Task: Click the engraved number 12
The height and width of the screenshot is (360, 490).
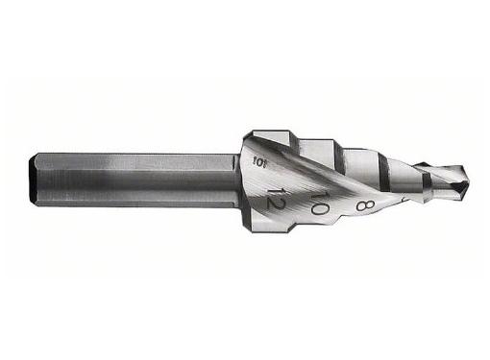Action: [276, 201]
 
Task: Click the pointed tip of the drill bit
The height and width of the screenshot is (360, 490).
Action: [467, 179]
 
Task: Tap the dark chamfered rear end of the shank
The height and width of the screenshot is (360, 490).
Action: [38, 179]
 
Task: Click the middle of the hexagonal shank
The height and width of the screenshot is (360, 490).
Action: [135, 179]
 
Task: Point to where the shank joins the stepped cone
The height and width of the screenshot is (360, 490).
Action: [238, 180]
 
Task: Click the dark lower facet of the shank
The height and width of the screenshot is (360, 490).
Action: [135, 200]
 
